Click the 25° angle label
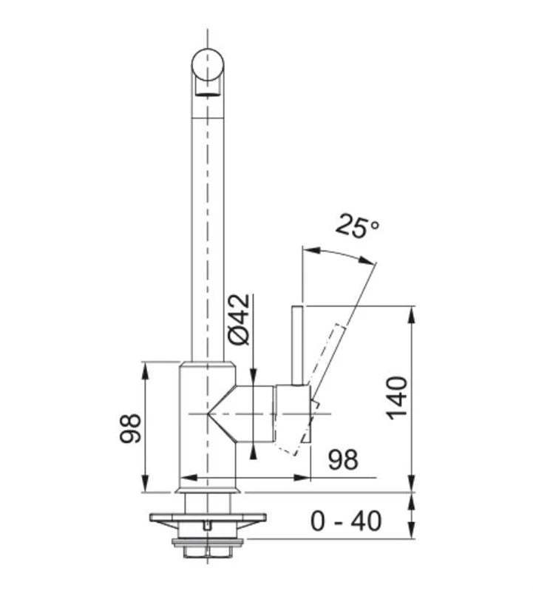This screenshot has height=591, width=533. (x=357, y=226)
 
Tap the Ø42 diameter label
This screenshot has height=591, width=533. (x=240, y=319)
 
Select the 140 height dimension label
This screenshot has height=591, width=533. (x=397, y=398)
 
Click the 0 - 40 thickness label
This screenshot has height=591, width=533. (x=346, y=521)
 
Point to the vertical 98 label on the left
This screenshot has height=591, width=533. (x=130, y=428)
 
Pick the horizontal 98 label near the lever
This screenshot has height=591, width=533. (x=343, y=459)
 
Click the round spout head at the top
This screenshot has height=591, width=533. (x=208, y=65)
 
